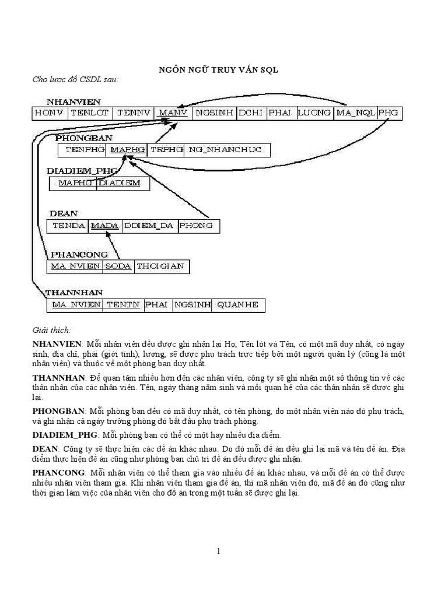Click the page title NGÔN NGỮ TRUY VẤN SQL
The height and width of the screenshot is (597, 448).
click(x=219, y=69)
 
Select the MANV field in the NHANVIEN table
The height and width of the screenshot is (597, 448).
click(x=173, y=113)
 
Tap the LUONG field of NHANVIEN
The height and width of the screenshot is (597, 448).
click(x=314, y=113)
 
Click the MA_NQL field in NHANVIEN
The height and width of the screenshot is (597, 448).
click(x=355, y=113)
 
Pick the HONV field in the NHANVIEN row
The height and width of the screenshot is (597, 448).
click(x=50, y=113)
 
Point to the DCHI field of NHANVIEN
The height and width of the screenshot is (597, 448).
click(x=251, y=113)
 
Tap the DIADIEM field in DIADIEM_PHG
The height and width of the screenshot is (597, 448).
click(x=123, y=183)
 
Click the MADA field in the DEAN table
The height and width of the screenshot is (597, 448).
click(x=105, y=226)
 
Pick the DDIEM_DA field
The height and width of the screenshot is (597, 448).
click(x=149, y=226)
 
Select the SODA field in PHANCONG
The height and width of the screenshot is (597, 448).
click(x=118, y=266)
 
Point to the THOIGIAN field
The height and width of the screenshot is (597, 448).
click(x=162, y=266)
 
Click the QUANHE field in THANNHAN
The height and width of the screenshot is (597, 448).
click(x=237, y=305)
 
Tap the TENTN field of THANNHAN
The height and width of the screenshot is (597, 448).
click(x=123, y=305)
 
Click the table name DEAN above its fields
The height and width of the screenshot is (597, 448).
click(x=64, y=213)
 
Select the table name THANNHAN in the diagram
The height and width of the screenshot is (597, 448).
click(x=74, y=292)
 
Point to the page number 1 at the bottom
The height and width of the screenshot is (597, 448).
click(x=219, y=551)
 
